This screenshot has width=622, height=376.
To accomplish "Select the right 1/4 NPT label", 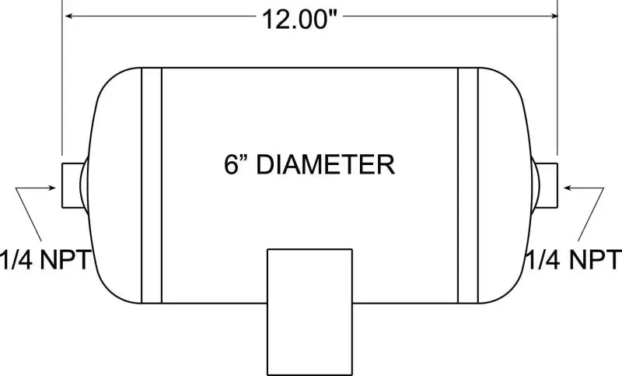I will (574, 259).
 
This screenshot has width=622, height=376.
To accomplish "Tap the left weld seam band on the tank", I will (152, 184).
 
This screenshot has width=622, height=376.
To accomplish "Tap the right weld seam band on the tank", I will (467, 184).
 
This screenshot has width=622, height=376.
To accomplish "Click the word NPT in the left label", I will (67, 259).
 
